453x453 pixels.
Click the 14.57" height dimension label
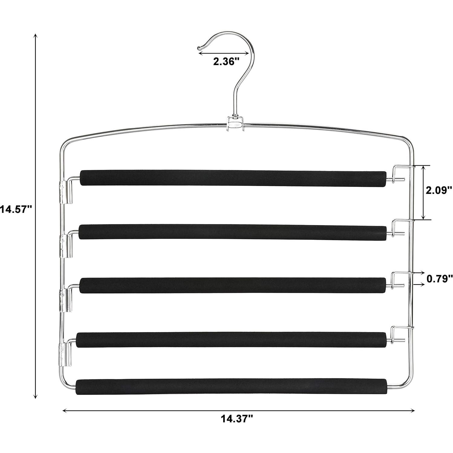(16, 209)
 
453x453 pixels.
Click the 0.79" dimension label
(439, 278)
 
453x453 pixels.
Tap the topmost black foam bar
(233, 178)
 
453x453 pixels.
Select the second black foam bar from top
(233, 232)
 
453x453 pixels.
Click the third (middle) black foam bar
(233, 285)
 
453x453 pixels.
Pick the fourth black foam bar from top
(232, 340)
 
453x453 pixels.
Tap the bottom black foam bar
(231, 386)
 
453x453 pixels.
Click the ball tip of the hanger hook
(199, 47)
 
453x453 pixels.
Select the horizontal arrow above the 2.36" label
(223, 53)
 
